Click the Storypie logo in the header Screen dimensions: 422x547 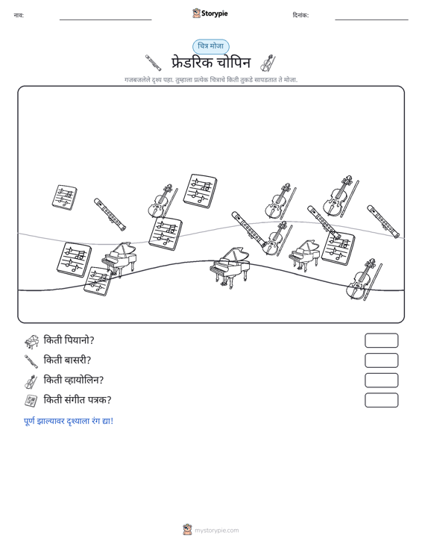pos(210,13)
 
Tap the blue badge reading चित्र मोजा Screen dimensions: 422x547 pos(211,46)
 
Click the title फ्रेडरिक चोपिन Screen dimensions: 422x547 pos(211,63)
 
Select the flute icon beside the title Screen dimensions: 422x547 pos(154,63)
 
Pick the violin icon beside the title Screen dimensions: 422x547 pos(268,63)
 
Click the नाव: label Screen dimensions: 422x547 pos(19,16)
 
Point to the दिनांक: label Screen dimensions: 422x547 pos(300,16)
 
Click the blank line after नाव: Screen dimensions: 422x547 pos(106,20)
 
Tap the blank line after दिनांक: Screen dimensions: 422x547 pos(371,20)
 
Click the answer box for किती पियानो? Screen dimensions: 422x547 pos(382,340)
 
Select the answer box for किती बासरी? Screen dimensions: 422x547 pos(382,360)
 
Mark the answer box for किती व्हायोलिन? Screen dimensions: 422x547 pos(382,381)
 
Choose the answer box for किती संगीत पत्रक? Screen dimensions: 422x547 pos(382,400)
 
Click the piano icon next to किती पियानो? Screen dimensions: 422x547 pos(31,342)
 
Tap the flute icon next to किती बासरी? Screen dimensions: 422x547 pos(31,361)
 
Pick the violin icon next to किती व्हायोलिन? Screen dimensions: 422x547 pos(31,381)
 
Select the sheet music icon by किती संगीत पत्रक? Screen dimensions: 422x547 pos(31,401)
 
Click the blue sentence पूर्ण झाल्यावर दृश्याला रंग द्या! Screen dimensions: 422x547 pos(69,421)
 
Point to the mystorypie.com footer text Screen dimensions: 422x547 pos(217,531)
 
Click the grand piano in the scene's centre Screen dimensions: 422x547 pos(230,268)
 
